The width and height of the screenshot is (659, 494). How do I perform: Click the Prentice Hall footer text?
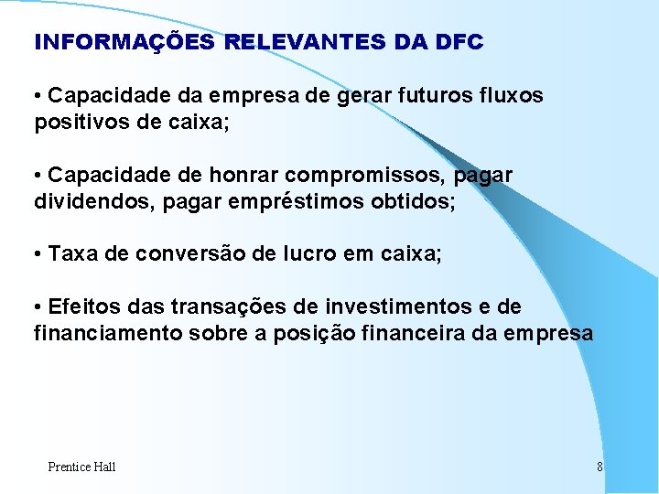click(x=81, y=467)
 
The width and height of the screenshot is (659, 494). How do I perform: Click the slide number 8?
click(x=600, y=467)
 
